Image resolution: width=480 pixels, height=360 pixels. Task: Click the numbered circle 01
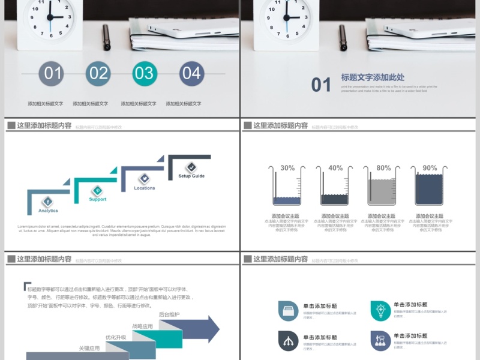point(52,73)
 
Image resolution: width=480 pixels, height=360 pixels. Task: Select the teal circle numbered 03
point(145,73)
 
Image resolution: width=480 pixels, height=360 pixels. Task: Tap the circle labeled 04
point(191,73)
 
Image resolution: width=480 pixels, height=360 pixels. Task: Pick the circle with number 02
point(98,73)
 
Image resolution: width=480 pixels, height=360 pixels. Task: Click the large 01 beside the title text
point(321,85)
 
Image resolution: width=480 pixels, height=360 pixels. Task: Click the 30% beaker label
point(287,168)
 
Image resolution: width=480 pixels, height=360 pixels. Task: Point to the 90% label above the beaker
point(430,168)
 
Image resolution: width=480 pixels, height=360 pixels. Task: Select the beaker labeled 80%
point(383,187)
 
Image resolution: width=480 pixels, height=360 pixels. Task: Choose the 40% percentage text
point(335,168)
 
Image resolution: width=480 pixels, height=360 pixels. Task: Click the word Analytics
point(48,211)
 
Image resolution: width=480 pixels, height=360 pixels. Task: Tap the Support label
point(97,199)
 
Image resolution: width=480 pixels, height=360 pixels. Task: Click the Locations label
point(144,188)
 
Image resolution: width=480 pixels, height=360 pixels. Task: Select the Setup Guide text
point(191,176)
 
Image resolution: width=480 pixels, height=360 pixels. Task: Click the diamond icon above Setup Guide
point(191,167)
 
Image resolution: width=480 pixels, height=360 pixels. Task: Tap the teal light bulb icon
point(380,310)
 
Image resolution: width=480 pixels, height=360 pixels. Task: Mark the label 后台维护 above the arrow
point(169,314)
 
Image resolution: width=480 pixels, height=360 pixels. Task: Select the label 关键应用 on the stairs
point(89,348)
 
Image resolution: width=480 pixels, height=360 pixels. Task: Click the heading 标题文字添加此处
point(373,77)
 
